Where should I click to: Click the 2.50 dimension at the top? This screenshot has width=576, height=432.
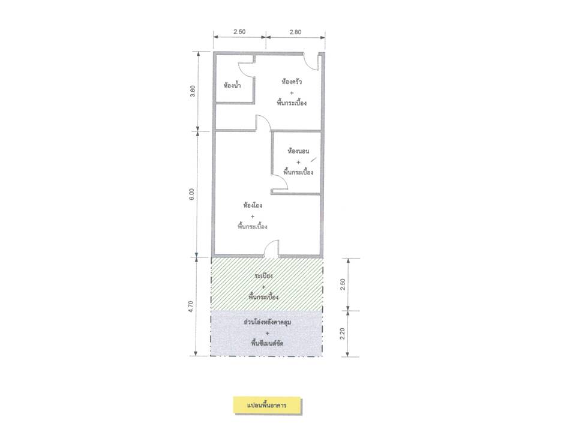[x=239, y=32]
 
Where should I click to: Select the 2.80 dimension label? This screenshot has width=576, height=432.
[x=295, y=32]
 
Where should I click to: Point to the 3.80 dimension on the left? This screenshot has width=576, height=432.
[x=193, y=91]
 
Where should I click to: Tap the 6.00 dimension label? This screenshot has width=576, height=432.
[x=191, y=194]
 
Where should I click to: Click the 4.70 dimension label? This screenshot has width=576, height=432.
[x=190, y=307]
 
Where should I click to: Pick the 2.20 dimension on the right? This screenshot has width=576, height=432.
[x=343, y=334]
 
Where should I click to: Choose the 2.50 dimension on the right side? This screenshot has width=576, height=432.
[x=343, y=284]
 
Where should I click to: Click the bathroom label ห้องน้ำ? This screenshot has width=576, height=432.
[x=232, y=86]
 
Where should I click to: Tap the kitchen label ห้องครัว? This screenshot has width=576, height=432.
[x=292, y=82]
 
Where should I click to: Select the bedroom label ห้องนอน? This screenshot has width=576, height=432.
[x=298, y=151]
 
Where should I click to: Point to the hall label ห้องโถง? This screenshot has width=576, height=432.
[x=253, y=205]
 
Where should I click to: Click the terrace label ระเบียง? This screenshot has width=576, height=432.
[x=263, y=276]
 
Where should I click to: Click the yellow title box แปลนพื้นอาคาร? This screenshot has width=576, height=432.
[x=267, y=406]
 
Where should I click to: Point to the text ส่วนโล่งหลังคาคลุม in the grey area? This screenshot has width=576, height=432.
[x=268, y=322]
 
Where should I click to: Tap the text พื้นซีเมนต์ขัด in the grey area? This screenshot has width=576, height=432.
[x=267, y=343]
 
